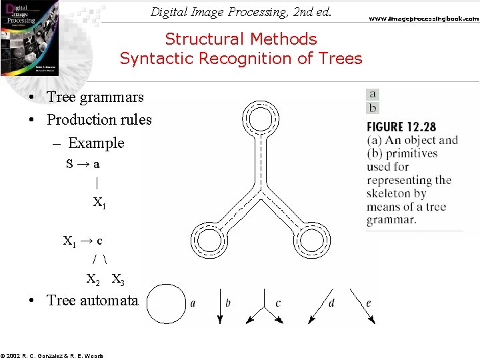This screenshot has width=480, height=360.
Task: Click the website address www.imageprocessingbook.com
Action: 424,19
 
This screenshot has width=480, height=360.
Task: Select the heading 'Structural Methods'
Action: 241,39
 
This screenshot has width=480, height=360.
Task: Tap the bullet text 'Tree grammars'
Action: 95,97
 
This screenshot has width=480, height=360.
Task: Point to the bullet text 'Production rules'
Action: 99,120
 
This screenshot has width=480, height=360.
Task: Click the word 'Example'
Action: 96,143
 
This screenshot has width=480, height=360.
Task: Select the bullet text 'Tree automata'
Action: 92,301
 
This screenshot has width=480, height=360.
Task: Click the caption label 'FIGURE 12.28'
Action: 401,127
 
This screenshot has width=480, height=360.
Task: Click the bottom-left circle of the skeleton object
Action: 210,237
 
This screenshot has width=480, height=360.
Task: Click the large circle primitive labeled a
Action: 166,304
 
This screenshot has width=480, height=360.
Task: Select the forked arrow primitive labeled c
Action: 265,308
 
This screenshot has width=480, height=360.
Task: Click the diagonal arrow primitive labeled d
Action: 319,306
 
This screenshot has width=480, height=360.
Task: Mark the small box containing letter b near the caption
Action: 373,107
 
